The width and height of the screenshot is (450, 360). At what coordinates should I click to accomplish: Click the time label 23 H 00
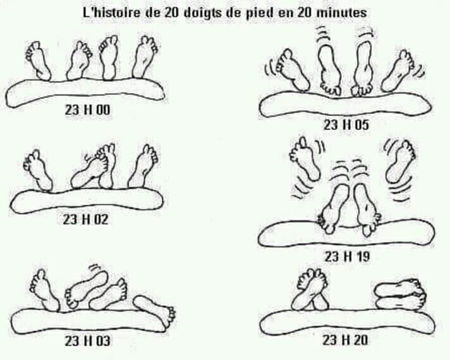tap(87, 110)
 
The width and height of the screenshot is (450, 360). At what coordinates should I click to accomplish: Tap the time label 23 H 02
tap(85, 220)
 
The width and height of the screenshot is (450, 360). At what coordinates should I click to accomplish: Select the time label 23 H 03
tap(87, 341)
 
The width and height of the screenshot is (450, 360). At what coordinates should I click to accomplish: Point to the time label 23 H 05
tap(346, 125)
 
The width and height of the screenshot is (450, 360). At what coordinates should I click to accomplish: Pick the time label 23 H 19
tap(347, 256)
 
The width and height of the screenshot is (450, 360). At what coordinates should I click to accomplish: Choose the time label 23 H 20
tap(345, 340)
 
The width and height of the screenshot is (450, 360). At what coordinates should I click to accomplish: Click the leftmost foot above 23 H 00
tap(39, 61)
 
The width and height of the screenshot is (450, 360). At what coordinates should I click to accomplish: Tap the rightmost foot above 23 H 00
tap(145, 57)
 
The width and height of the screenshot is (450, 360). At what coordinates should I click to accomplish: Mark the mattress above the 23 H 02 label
tap(87, 201)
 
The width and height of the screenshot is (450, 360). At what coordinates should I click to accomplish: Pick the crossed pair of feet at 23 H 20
tap(310, 290)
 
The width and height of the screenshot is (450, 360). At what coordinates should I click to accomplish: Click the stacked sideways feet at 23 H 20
tap(401, 294)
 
